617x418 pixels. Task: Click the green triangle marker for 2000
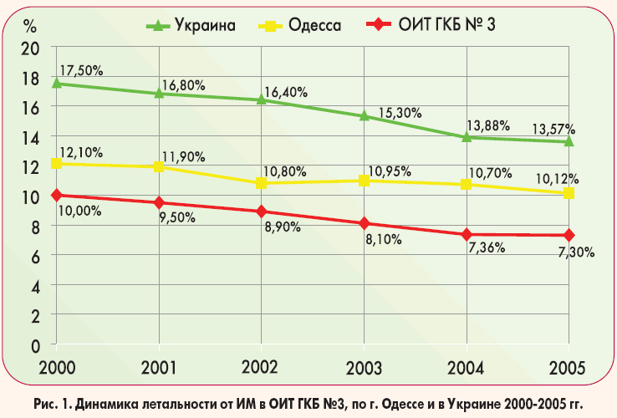[x=56, y=83]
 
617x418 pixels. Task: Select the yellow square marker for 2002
[x=261, y=182]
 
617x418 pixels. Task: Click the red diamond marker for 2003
[x=364, y=223]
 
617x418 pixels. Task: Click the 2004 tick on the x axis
[x=466, y=366]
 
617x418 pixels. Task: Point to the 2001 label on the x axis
[x=158, y=366]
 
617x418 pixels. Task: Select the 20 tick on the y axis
[x=30, y=48]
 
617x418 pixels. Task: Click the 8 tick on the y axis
[x=35, y=226]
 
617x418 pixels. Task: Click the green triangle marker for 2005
[x=569, y=140]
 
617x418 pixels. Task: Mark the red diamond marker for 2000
[x=56, y=195]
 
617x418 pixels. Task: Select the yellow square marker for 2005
[x=569, y=193]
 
